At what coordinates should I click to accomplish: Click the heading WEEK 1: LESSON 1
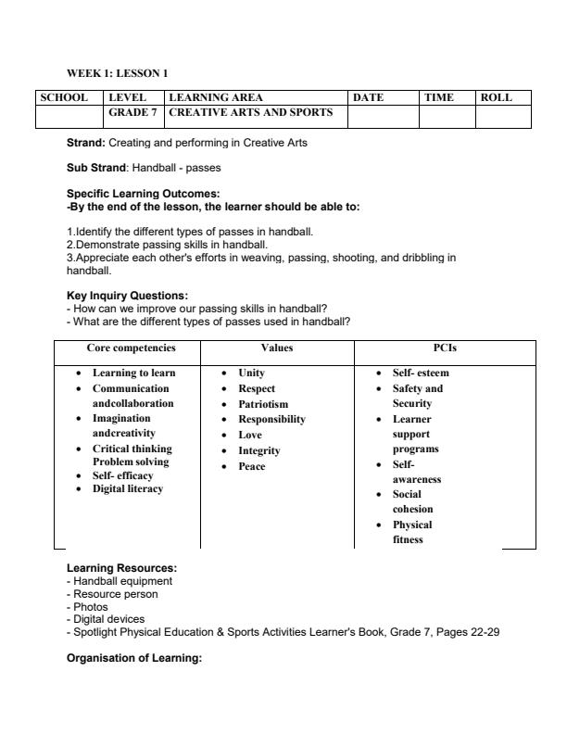pos(117,72)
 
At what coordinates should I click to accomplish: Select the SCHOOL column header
pos(64,97)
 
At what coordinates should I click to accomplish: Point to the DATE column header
pos(368,97)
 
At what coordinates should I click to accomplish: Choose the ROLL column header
pos(496,97)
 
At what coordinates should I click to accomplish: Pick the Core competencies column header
pos(131,348)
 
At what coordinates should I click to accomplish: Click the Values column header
pos(276,348)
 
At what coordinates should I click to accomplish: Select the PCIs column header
pos(445,348)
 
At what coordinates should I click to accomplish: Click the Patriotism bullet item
pos(263,404)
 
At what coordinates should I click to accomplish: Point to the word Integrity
pos(259,450)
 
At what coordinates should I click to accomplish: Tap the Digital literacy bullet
pos(127,488)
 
